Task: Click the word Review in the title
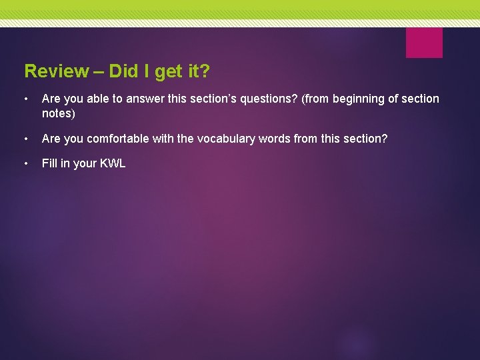[56, 71]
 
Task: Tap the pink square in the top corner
[424, 43]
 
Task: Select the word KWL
[113, 163]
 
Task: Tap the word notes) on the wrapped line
[59, 113]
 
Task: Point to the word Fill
[49, 163]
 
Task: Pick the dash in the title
[99, 71]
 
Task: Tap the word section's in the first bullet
[208, 99]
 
